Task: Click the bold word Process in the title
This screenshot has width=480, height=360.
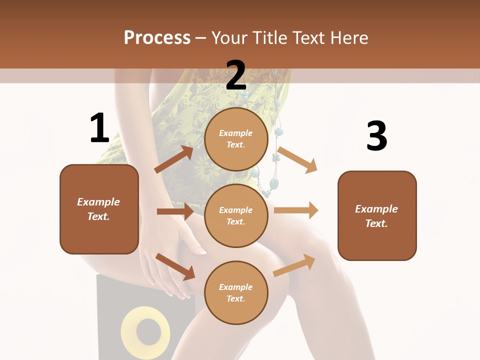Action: pyautogui.click(x=157, y=37)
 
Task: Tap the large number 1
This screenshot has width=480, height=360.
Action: pyautogui.click(x=99, y=128)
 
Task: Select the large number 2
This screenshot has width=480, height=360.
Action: pyautogui.click(x=236, y=75)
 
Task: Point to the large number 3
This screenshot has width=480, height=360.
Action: pyautogui.click(x=376, y=136)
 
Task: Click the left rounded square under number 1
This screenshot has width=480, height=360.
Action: pyautogui.click(x=99, y=209)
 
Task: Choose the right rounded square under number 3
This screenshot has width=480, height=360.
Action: pyautogui.click(x=377, y=215)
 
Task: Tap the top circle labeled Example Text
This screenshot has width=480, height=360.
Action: pyautogui.click(x=236, y=139)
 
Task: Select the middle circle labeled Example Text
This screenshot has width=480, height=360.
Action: pyautogui.click(x=236, y=215)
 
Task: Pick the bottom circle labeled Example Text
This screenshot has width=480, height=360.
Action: pyautogui.click(x=236, y=292)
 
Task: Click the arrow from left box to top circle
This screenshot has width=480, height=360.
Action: pyautogui.click(x=174, y=159)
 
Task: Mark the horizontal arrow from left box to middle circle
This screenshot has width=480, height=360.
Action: pyautogui.click(x=175, y=211)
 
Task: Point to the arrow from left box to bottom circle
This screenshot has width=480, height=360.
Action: pyautogui.click(x=175, y=266)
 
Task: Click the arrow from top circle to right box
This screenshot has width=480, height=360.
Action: pyautogui.click(x=297, y=159)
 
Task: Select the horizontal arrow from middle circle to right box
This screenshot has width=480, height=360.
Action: pyautogui.click(x=296, y=210)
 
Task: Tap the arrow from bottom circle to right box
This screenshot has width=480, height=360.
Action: pyautogui.click(x=294, y=265)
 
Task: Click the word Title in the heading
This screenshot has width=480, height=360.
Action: pyautogui.click(x=268, y=37)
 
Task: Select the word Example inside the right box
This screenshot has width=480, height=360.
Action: pyautogui.click(x=376, y=209)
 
